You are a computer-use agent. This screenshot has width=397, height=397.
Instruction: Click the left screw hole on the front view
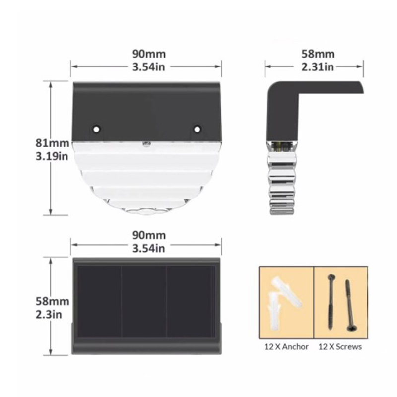(x=96, y=129)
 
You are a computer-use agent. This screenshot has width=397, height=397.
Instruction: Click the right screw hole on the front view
(x=197, y=129)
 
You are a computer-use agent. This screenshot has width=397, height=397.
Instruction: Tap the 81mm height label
(x=52, y=143)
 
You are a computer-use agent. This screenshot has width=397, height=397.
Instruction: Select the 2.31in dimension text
(x=318, y=67)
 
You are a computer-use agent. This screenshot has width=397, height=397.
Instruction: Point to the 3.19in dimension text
(x=52, y=156)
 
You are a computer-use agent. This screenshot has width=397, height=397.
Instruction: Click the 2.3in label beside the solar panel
(x=49, y=314)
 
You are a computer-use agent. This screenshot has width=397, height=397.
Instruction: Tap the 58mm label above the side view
(x=318, y=54)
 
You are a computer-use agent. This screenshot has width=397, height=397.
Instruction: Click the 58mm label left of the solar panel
(x=52, y=301)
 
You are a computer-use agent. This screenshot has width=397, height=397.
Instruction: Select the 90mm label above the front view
(x=149, y=54)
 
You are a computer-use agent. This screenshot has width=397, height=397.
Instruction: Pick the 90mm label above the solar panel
(x=149, y=235)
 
